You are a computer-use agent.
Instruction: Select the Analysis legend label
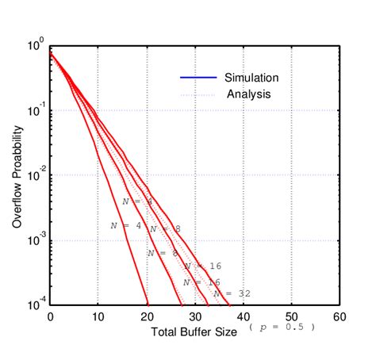click(x=249, y=94)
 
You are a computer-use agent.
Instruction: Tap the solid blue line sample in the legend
click(x=200, y=78)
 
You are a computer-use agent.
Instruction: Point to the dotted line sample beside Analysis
click(x=200, y=94)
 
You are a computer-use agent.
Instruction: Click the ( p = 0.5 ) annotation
click(x=282, y=327)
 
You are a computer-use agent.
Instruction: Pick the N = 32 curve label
click(x=235, y=293)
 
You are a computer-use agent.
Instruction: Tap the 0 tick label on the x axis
click(x=50, y=317)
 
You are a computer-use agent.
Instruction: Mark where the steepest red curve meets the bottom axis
click(x=148, y=304)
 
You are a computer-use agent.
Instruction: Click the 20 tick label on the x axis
click(x=147, y=317)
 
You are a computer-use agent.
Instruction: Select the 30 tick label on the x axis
click(x=195, y=317)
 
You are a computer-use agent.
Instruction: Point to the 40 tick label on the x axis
click(x=244, y=317)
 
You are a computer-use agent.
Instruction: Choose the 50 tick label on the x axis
click(x=291, y=317)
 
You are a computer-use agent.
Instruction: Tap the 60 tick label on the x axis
click(x=340, y=317)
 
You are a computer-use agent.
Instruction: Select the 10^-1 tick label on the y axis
click(x=35, y=111)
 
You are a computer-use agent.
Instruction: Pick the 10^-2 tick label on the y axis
click(x=35, y=176)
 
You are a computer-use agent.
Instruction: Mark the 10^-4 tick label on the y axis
click(x=35, y=305)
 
